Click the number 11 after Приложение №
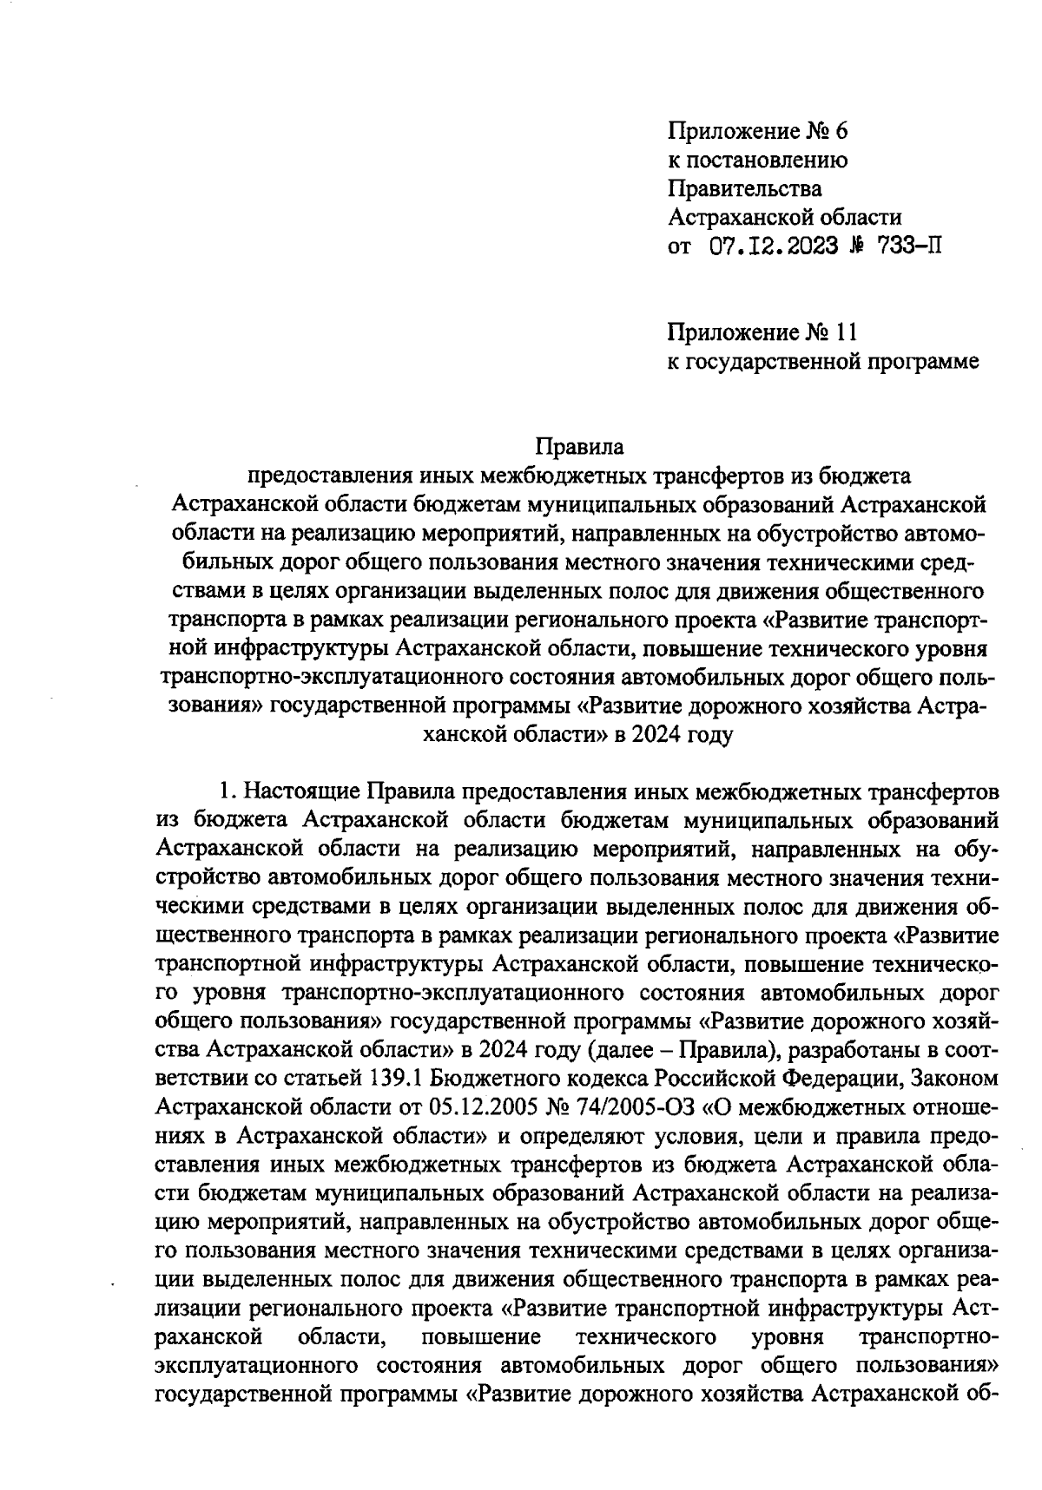click(847, 332)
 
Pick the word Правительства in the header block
click(744, 188)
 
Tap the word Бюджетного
click(503, 1079)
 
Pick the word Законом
click(953, 1079)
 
